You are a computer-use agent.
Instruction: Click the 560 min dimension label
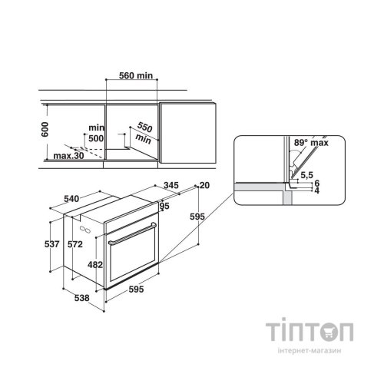click(x=136, y=75)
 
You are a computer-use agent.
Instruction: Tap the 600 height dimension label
click(x=45, y=129)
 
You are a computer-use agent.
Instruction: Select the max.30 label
click(x=68, y=156)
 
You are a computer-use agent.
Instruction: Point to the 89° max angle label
click(x=311, y=143)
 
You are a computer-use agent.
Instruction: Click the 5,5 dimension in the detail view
click(x=306, y=175)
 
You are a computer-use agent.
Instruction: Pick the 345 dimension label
click(x=171, y=185)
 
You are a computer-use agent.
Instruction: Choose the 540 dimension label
click(x=71, y=199)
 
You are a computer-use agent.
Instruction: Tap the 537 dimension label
click(x=52, y=244)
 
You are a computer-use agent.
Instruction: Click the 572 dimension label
click(x=75, y=244)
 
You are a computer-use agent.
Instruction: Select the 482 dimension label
click(x=95, y=264)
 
